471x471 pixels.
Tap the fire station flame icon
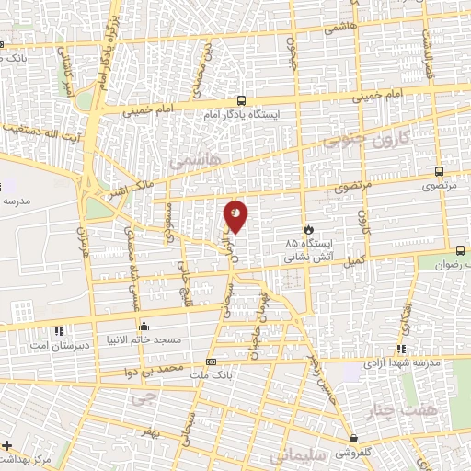tap(309, 229)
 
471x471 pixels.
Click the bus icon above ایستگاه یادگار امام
tap(241, 100)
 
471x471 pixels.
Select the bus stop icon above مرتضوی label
tap(438, 170)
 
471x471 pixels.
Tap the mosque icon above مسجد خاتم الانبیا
tap(144, 326)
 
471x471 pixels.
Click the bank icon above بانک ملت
tap(212, 362)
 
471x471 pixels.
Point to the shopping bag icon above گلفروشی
tap(353, 438)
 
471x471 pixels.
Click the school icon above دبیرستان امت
tap(60, 329)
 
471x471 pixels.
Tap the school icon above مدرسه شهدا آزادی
tap(401, 348)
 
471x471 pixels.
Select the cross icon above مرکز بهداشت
tap(7, 446)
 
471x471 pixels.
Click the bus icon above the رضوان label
tap(460, 249)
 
